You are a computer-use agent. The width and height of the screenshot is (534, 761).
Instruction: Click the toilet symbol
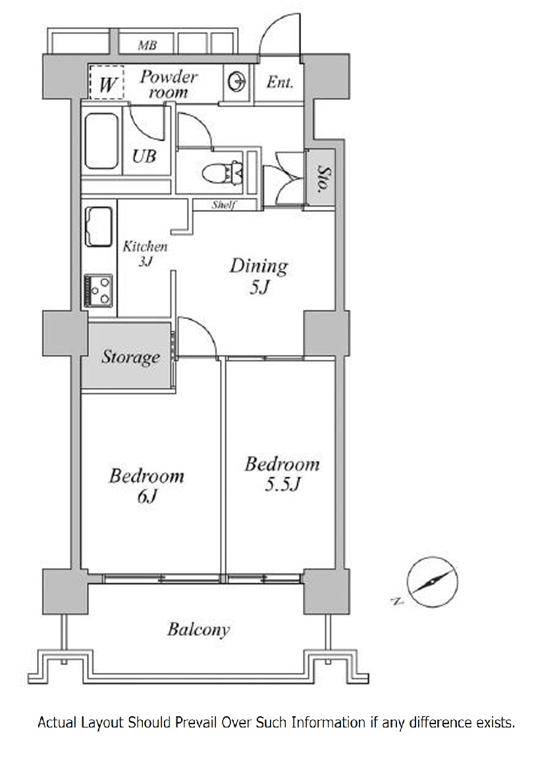223,173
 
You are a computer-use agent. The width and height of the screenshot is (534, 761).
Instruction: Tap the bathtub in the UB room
101,141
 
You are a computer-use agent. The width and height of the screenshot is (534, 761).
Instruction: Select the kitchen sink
99,227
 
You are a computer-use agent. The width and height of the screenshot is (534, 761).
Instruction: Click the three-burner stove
99,291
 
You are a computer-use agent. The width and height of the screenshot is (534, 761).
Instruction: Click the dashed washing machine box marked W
107,83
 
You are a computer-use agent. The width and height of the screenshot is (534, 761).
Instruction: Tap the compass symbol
431,582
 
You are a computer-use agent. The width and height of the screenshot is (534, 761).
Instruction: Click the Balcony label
198,629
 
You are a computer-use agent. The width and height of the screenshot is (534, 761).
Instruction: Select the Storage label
130,357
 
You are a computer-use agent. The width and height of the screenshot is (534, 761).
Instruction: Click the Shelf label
223,205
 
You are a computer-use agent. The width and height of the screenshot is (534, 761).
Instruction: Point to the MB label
147,45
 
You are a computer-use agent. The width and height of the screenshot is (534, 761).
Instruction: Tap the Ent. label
280,82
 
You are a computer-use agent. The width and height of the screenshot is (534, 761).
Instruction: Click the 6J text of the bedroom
147,497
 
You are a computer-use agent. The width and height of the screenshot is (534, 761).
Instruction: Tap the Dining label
259,266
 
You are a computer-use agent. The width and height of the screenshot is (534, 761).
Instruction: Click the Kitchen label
145,247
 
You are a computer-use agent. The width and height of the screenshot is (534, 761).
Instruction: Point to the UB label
144,157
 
